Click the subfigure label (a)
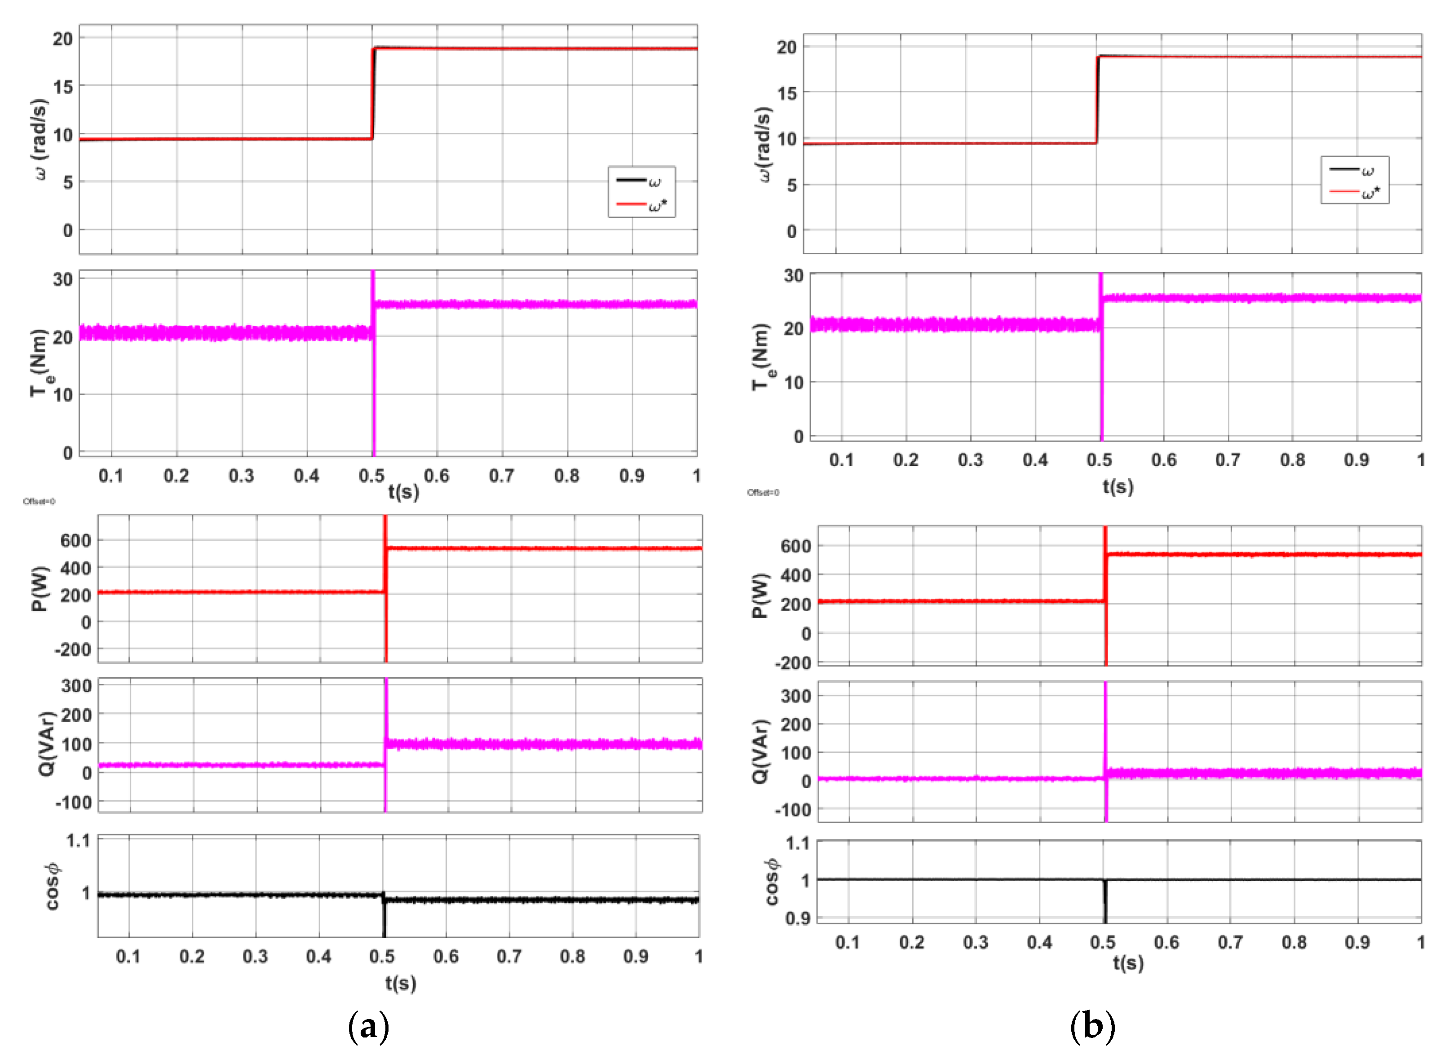tap(368, 1026)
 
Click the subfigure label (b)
tap(1092, 1026)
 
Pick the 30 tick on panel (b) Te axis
tap(794, 276)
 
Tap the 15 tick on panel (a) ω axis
tap(62, 86)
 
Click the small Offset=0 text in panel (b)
tap(763, 492)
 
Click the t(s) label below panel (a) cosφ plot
tap(400, 983)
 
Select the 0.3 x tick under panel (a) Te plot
tap(241, 476)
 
